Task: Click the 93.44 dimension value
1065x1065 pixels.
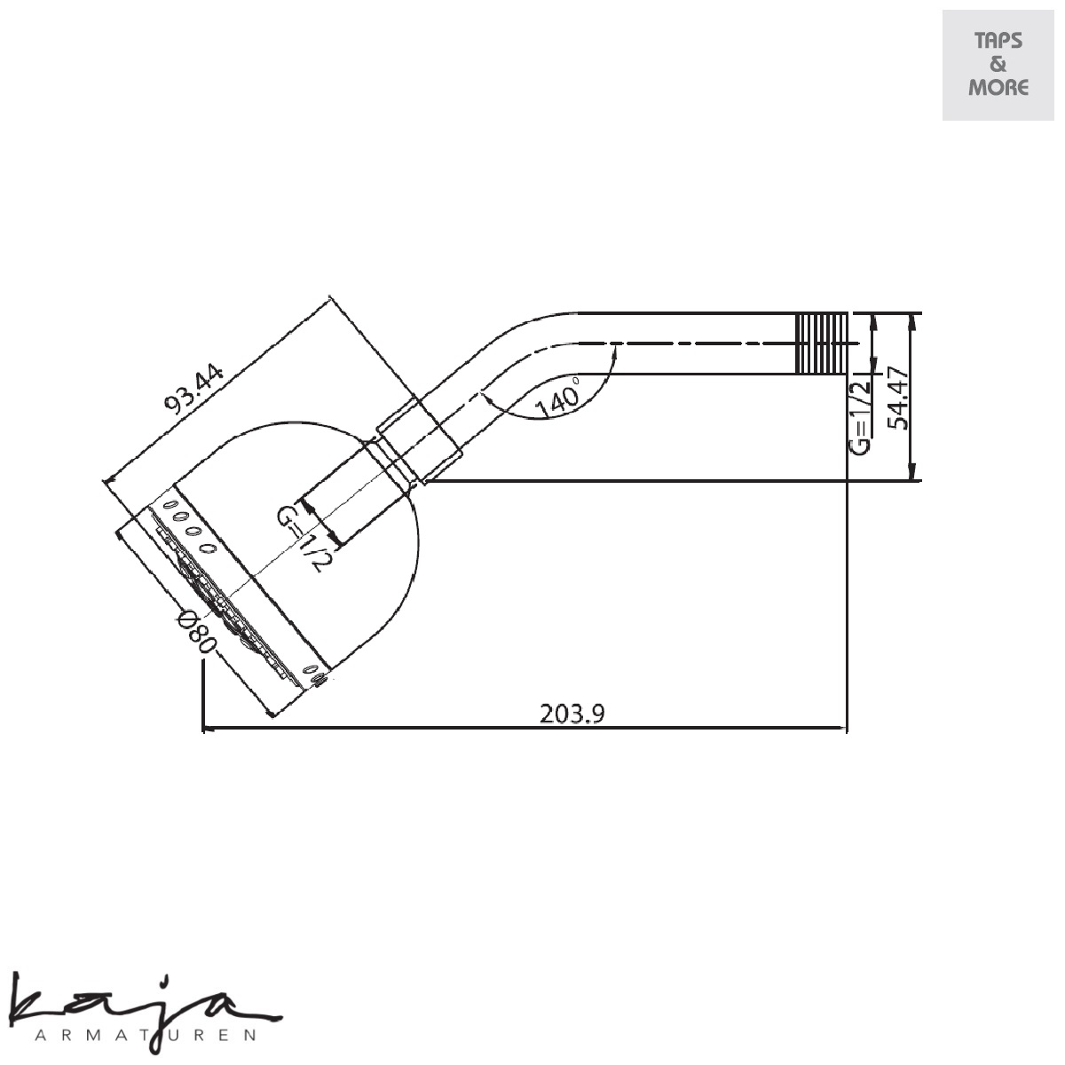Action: click(195, 386)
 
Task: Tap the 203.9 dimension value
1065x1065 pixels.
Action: click(572, 714)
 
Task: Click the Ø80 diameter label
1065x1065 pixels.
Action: click(195, 631)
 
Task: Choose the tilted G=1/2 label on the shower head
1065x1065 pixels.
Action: click(304, 537)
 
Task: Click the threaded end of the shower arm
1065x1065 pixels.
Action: click(821, 342)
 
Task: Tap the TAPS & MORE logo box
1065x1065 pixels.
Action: click(998, 65)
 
